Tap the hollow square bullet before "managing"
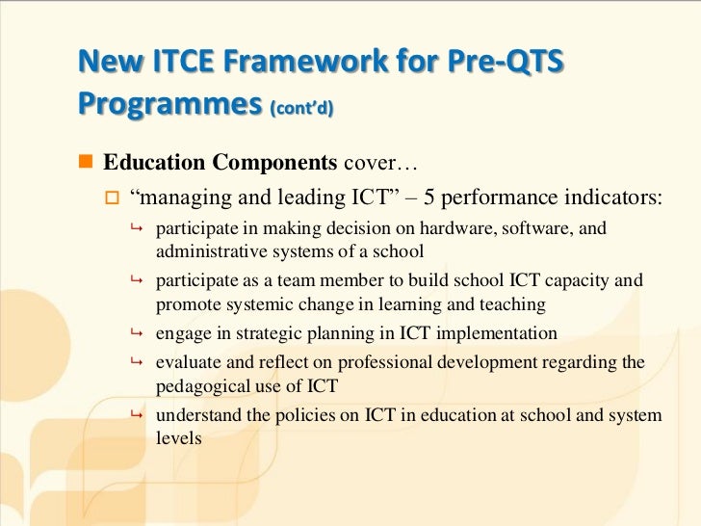point(112,198)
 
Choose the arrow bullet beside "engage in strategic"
point(137,334)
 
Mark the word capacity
point(585,281)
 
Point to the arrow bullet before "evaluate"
point(137,362)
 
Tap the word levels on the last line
point(178,437)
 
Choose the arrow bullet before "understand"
point(137,415)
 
